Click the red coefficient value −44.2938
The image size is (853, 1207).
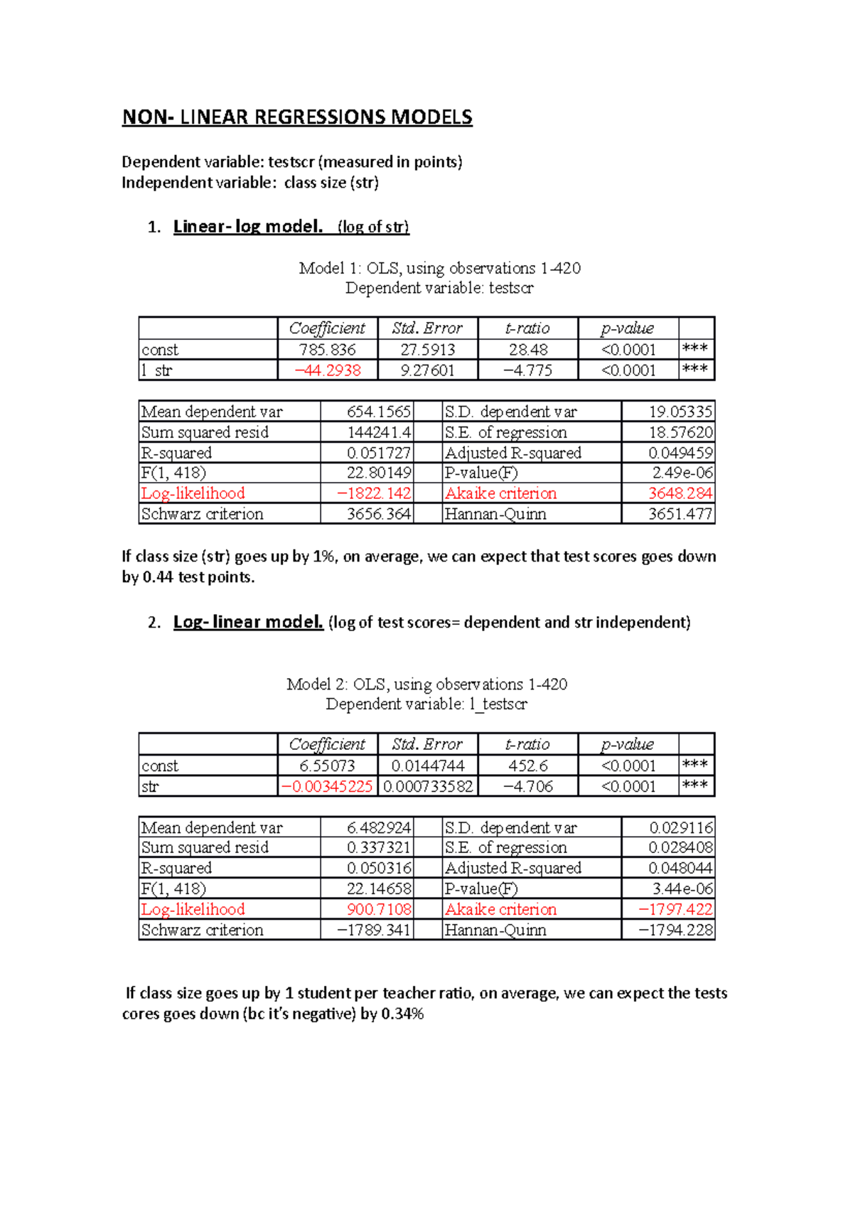[328, 370]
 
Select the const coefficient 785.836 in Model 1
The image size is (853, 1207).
[328, 350]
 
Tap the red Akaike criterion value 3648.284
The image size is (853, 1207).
[680, 493]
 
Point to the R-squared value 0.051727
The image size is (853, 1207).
[379, 453]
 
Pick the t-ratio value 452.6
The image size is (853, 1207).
[528, 766]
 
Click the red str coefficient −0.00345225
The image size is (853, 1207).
[328, 786]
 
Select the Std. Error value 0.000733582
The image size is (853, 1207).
[428, 786]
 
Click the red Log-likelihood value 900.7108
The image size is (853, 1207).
[379, 909]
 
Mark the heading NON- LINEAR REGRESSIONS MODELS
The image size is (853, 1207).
[297, 117]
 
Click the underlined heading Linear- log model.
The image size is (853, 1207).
[248, 227]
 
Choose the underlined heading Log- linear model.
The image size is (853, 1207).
[248, 622]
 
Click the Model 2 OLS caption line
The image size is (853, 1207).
[426, 684]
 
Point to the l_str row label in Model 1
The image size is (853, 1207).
[157, 370]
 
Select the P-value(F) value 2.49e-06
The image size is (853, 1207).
[682, 473]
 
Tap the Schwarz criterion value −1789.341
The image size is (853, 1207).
[374, 930]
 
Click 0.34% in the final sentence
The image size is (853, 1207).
[402, 1014]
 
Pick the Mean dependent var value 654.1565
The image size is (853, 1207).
[379, 412]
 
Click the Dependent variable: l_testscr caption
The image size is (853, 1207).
[426, 704]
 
